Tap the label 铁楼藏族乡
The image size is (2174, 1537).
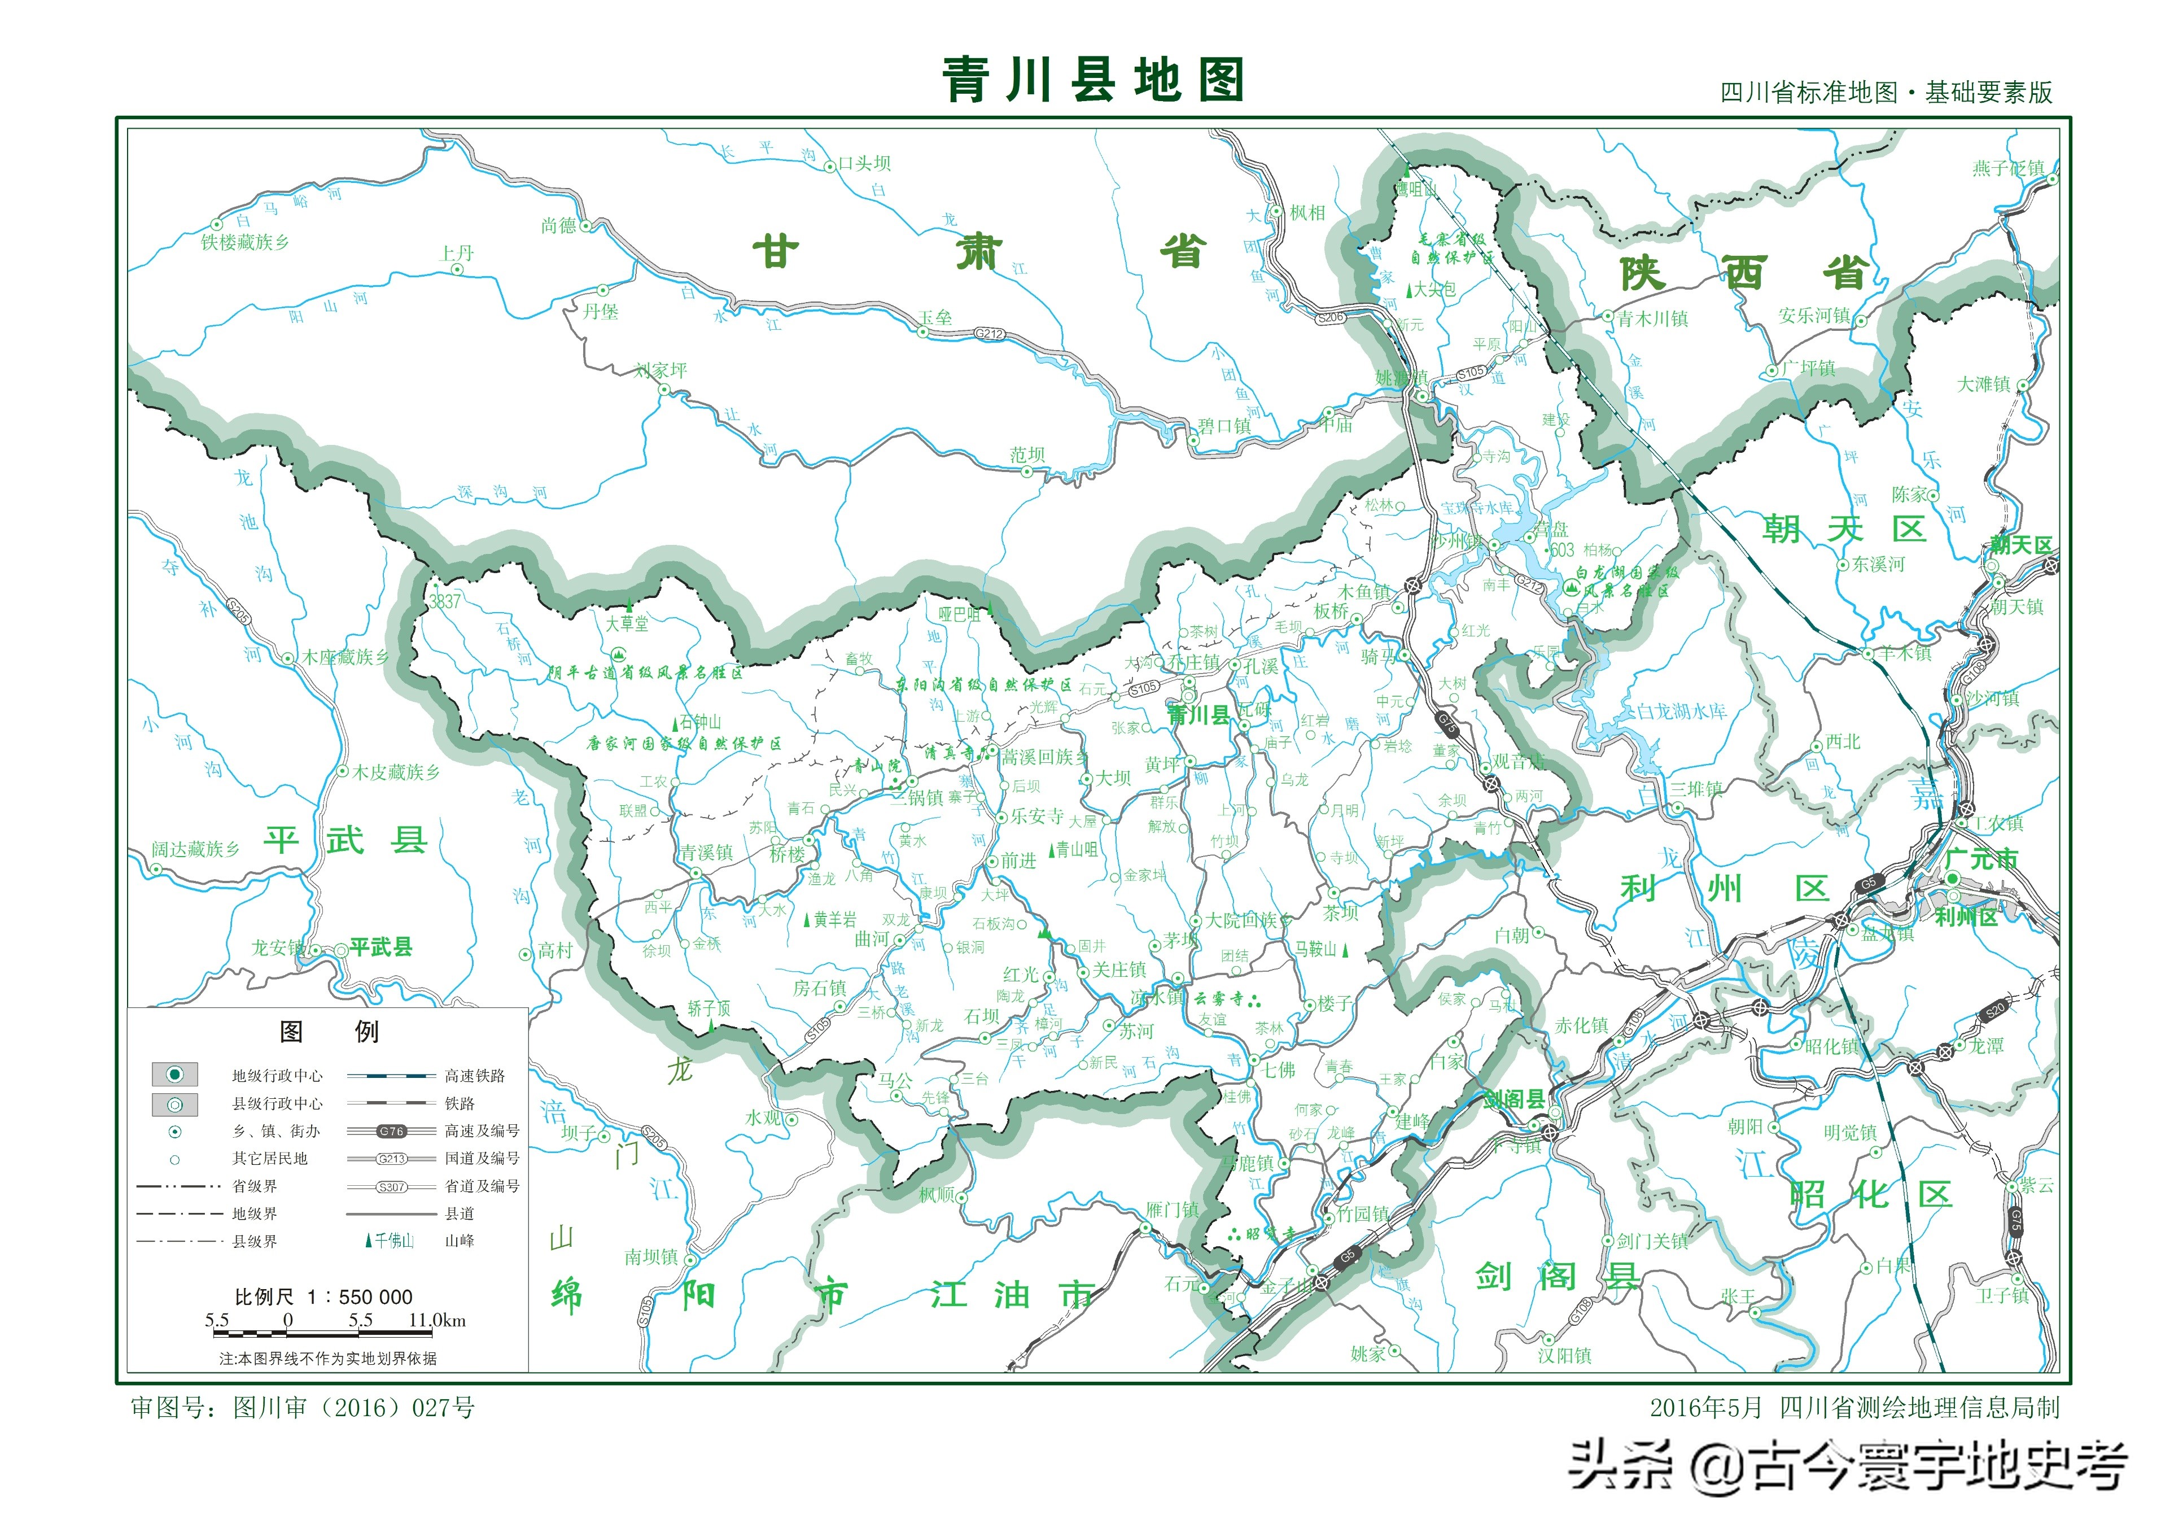pyautogui.click(x=244, y=242)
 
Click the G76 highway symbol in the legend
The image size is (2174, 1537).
pyautogui.click(x=391, y=1131)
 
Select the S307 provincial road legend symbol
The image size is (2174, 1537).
pyautogui.click(x=391, y=1186)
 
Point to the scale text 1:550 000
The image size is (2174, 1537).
pyautogui.click(x=324, y=1296)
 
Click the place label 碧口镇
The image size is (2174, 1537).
pyautogui.click(x=1224, y=426)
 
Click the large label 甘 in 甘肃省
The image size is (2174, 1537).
pyautogui.click(x=776, y=253)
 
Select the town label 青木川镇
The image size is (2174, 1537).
pyautogui.click(x=1652, y=319)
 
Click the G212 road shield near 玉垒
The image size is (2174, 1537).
pyautogui.click(x=990, y=333)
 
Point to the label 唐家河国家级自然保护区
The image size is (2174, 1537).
pyautogui.click(x=684, y=744)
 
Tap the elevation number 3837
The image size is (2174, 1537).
pyautogui.click(x=444, y=601)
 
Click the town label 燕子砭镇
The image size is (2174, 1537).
pyautogui.click(x=2008, y=169)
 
